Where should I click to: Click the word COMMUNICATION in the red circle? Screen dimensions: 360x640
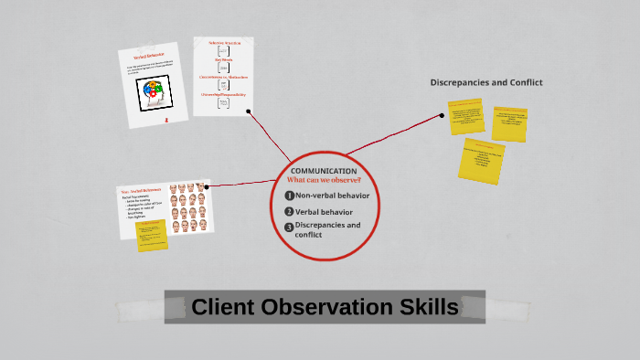click(x=324, y=171)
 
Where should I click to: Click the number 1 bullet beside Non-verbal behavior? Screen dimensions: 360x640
click(x=289, y=195)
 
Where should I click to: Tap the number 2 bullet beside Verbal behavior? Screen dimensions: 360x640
click(x=289, y=211)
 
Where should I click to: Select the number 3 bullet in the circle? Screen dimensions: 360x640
click(x=289, y=227)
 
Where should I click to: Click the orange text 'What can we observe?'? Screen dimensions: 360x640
click(x=324, y=180)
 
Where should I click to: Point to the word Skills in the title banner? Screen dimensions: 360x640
click(x=421, y=307)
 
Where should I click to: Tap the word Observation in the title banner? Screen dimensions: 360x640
click(x=322, y=307)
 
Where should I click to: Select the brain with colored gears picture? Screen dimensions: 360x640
click(x=154, y=94)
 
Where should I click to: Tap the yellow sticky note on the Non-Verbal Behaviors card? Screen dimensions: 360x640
click(x=151, y=235)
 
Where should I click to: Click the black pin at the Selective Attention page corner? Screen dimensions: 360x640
click(x=249, y=111)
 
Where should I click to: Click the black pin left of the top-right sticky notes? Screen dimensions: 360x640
click(x=442, y=116)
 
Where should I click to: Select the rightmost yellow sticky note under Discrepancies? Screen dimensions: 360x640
click(x=509, y=123)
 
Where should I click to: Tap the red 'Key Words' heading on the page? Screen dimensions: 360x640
click(x=223, y=59)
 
